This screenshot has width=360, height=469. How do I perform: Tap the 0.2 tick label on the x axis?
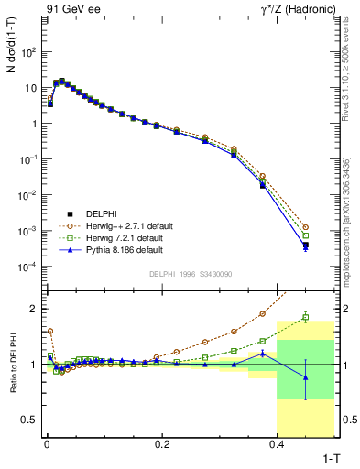[x=162, y=443]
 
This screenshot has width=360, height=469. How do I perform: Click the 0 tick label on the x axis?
[x=46, y=443]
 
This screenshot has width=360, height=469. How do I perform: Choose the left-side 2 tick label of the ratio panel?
[x=34, y=308]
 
